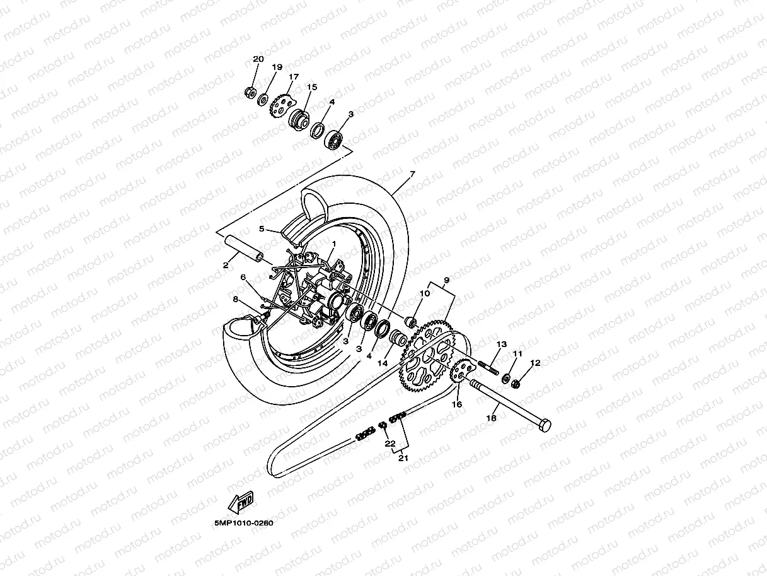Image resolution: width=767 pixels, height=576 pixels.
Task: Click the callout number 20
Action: (258, 59)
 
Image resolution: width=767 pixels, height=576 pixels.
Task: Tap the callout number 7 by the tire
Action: (412, 173)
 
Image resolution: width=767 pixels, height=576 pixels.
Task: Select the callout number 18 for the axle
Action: (492, 418)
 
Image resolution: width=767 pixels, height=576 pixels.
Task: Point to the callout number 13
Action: (502, 344)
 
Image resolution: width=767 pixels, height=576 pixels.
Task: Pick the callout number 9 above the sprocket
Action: (446, 279)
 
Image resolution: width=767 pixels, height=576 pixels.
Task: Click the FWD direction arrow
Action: (241, 503)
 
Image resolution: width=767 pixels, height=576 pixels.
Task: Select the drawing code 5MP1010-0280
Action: (244, 523)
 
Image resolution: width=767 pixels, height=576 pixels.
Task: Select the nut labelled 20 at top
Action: (250, 93)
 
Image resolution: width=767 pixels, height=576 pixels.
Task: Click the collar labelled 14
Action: (398, 338)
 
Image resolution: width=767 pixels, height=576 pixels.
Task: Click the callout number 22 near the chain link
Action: (390, 444)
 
